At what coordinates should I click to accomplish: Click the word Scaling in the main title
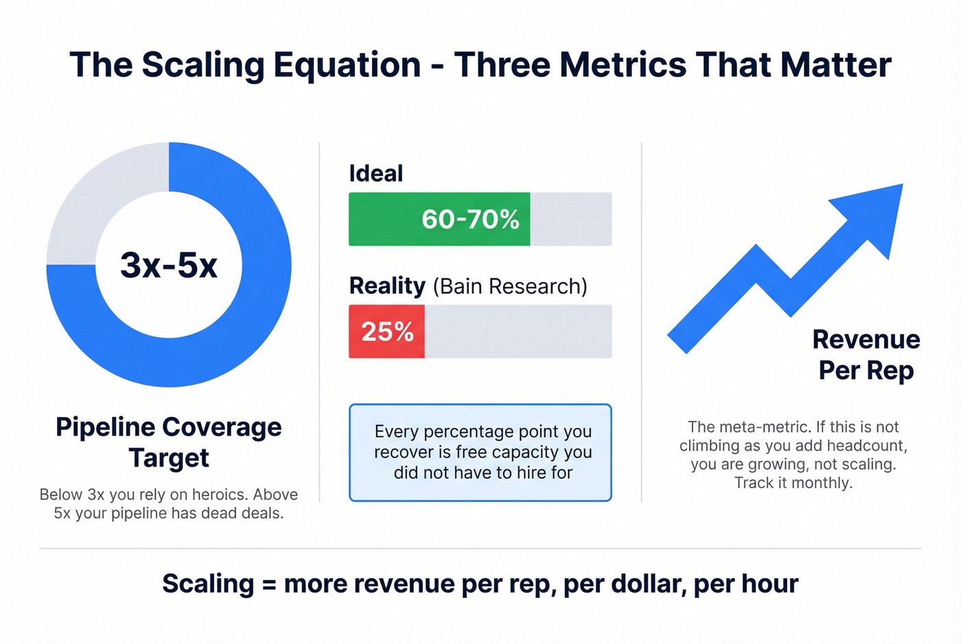click(x=204, y=65)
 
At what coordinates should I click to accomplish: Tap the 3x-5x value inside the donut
click(x=169, y=265)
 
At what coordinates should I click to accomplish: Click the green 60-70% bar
click(x=439, y=219)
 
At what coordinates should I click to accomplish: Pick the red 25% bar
click(x=386, y=332)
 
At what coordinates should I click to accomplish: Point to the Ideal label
click(x=375, y=174)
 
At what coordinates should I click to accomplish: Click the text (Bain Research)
click(x=509, y=287)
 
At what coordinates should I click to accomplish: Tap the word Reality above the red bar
click(x=387, y=286)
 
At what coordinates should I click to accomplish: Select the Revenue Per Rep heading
click(x=866, y=355)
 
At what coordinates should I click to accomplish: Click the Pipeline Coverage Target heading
click(x=169, y=442)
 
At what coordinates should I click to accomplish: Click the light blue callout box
click(x=480, y=453)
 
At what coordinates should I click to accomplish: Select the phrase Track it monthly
click(x=793, y=483)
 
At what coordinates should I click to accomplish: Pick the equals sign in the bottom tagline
click(x=269, y=584)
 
